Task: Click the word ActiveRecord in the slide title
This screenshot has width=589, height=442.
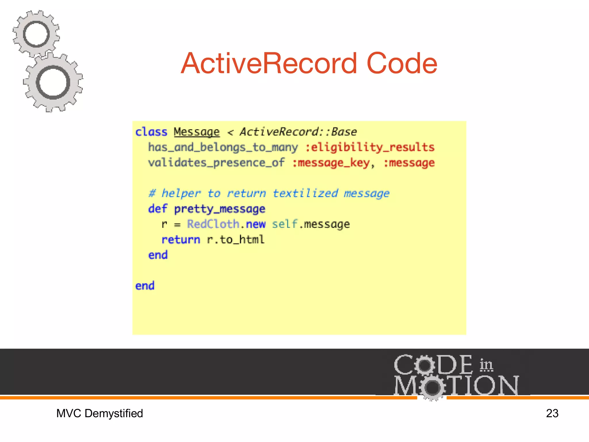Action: pos(269,63)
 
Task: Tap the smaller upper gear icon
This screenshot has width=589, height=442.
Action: pos(36,34)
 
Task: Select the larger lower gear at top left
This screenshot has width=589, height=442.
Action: pos(53,83)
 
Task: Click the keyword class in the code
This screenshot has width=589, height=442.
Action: pos(151,132)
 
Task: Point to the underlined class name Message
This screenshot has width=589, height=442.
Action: pos(197,132)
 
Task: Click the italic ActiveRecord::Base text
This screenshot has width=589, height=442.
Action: pos(298,132)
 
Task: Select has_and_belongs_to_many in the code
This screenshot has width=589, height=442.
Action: pos(223,147)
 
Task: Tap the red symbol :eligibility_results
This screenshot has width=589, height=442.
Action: pos(370,147)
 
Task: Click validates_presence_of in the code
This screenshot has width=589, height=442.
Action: pos(216,163)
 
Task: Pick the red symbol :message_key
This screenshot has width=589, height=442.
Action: pos(331,163)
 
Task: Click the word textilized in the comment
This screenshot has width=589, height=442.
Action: pos(305,193)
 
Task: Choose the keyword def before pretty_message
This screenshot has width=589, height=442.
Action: pos(158,209)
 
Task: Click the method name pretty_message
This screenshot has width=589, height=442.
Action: pos(220,209)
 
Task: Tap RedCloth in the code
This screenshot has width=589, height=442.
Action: pos(213,224)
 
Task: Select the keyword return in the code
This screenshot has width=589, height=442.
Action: pos(181,239)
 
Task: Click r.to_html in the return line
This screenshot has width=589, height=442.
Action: pos(236,239)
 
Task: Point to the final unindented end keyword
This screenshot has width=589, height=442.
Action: pos(145,286)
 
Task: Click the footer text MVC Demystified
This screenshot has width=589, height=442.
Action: pos(100,413)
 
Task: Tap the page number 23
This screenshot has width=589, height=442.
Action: pos(552,413)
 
